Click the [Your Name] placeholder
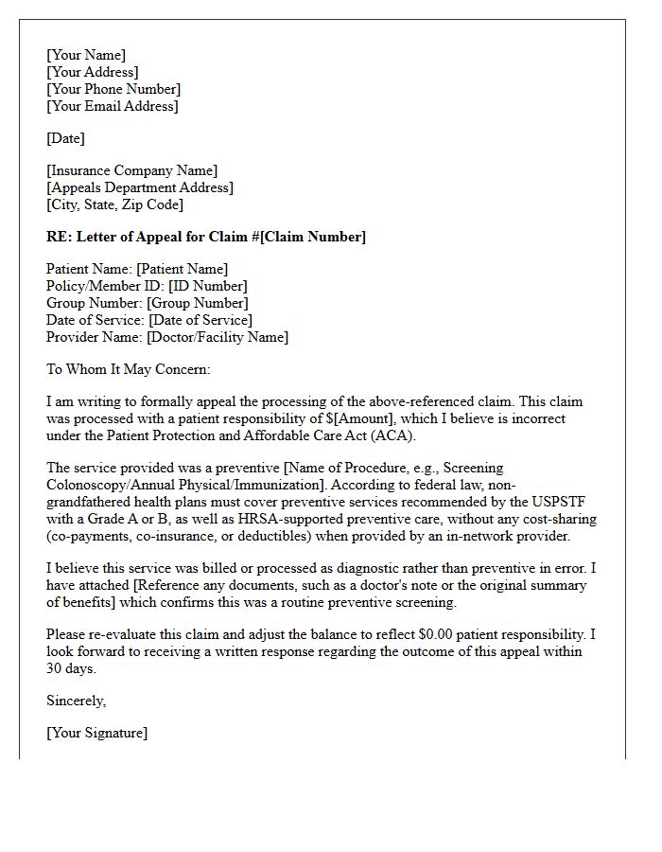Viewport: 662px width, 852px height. pos(86,55)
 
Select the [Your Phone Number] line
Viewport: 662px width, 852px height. pos(113,89)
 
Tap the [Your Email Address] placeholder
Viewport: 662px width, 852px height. pos(112,106)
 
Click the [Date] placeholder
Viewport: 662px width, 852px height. pos(65,138)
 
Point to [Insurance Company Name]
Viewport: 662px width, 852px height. pos(131,170)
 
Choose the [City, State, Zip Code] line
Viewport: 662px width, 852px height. pos(114,204)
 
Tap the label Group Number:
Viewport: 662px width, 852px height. pos(95,303)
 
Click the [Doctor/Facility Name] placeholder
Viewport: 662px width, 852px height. pos(217,337)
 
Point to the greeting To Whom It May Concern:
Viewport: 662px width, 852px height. pos(129,369)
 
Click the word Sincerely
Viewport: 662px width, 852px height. pos(76,701)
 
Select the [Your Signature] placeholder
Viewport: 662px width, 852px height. pos(96,733)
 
